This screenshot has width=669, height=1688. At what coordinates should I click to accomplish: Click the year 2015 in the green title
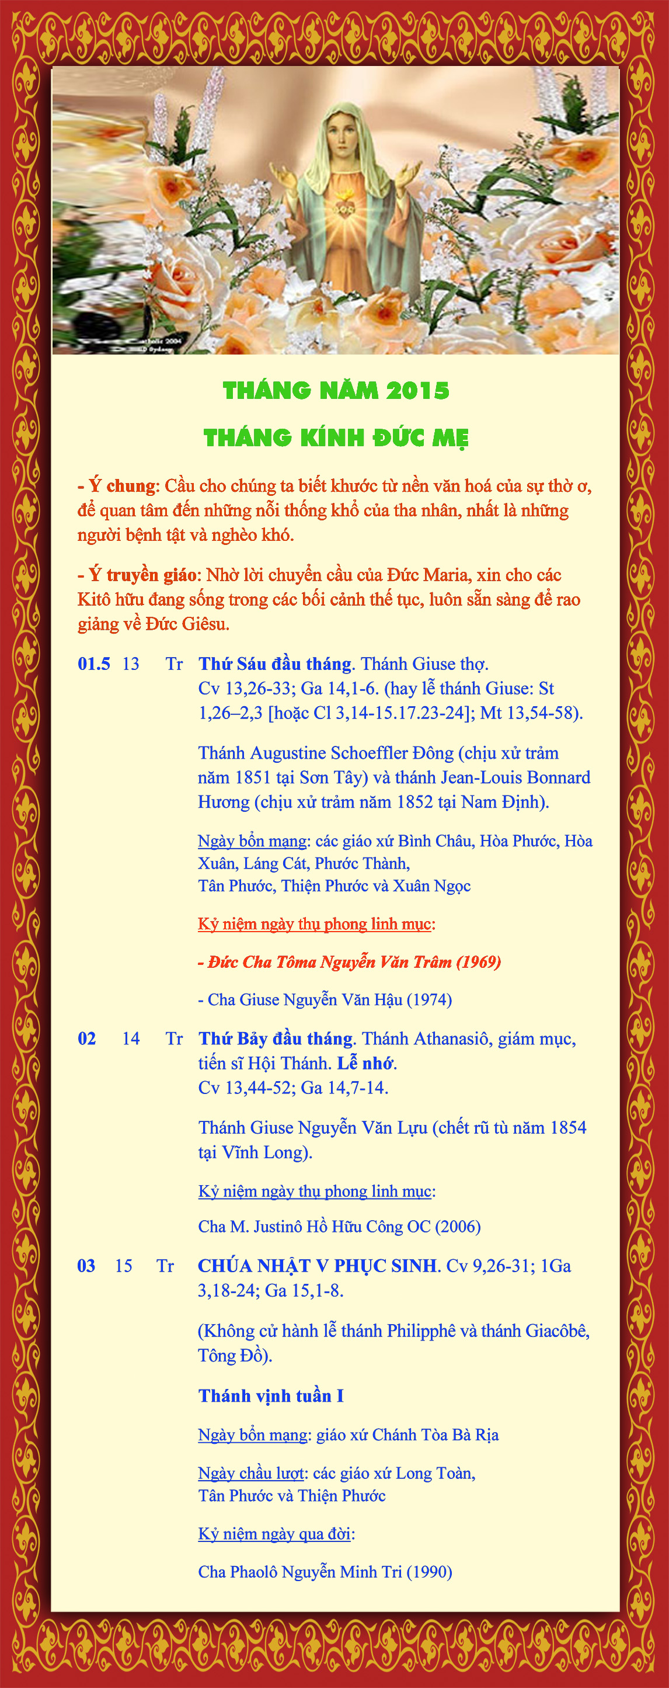pyautogui.click(x=417, y=391)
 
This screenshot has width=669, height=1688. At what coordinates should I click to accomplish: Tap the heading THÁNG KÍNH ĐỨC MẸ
pyautogui.click(x=336, y=437)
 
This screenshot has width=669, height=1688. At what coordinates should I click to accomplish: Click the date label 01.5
pyautogui.click(x=94, y=664)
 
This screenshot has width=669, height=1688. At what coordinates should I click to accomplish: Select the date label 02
pyautogui.click(x=86, y=1038)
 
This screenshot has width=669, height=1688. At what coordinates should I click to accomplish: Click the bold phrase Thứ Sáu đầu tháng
pyautogui.click(x=275, y=664)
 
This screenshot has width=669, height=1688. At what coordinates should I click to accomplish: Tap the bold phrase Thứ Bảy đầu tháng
pyautogui.click(x=276, y=1038)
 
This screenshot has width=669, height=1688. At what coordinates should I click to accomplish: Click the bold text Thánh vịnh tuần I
pyautogui.click(x=271, y=1396)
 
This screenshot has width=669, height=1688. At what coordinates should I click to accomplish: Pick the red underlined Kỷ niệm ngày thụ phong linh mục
pyautogui.click(x=315, y=924)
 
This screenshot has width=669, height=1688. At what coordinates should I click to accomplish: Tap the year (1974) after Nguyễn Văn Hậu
pyautogui.click(x=429, y=1000)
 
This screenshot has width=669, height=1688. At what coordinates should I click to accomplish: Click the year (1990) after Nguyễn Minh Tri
pyautogui.click(x=429, y=1572)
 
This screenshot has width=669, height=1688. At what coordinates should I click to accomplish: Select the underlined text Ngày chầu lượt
pyautogui.click(x=251, y=1473)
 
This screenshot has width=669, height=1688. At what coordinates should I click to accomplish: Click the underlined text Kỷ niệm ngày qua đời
pyautogui.click(x=274, y=1534)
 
